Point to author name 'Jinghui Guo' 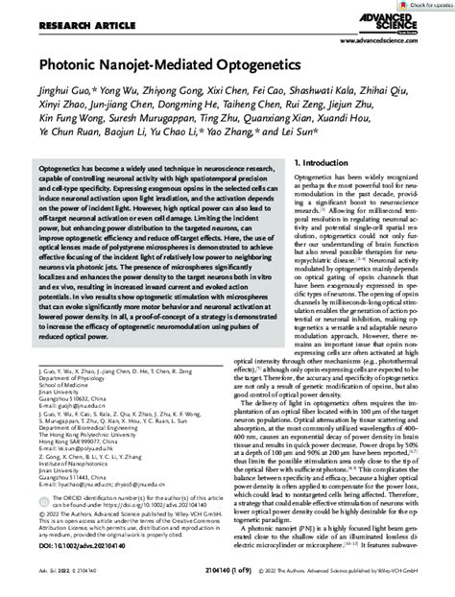click(63, 96)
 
